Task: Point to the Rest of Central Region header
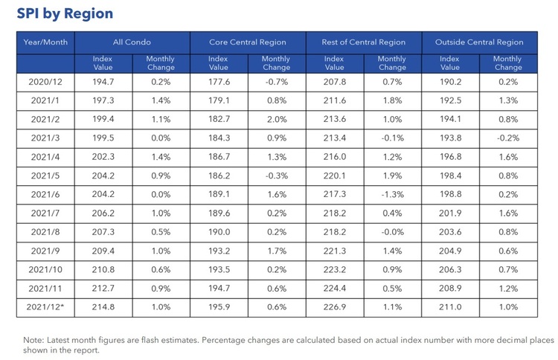(364, 42)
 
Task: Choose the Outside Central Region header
(479, 42)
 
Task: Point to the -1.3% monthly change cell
(392, 195)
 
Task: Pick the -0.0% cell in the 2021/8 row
(392, 232)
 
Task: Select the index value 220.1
(336, 176)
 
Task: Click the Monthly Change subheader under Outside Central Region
(507, 62)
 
